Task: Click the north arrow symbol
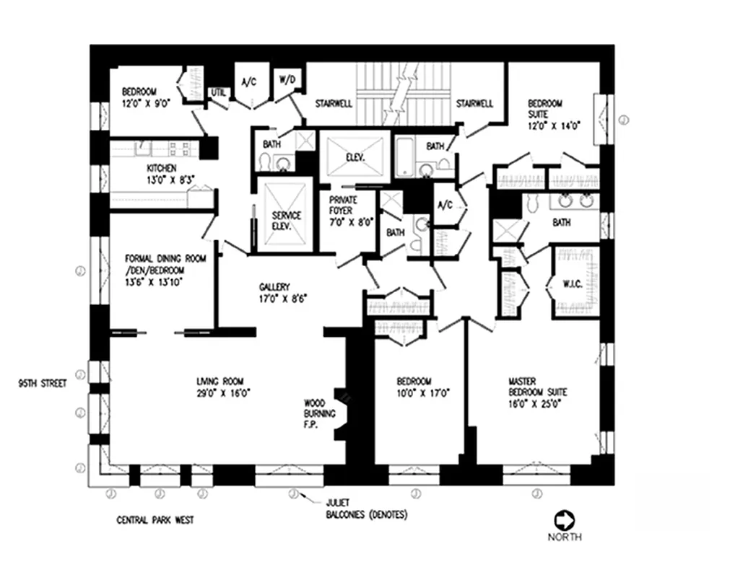(x=563, y=520)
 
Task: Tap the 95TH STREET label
(x=43, y=384)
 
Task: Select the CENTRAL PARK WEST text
(x=155, y=520)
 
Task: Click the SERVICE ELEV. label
(x=287, y=220)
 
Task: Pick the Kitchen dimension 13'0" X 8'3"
(x=162, y=180)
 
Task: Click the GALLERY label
(x=274, y=287)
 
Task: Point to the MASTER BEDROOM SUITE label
(x=537, y=387)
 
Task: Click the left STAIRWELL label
(x=334, y=103)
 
